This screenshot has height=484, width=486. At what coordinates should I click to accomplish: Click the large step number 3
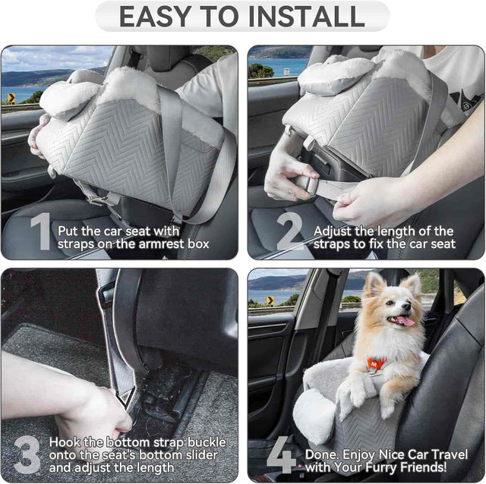[27, 454]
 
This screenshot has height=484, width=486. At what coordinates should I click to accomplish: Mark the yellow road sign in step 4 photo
[269, 300]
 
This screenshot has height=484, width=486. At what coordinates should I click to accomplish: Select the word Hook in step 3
[66, 442]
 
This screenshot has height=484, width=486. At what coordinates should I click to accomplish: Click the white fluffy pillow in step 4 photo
[314, 416]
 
